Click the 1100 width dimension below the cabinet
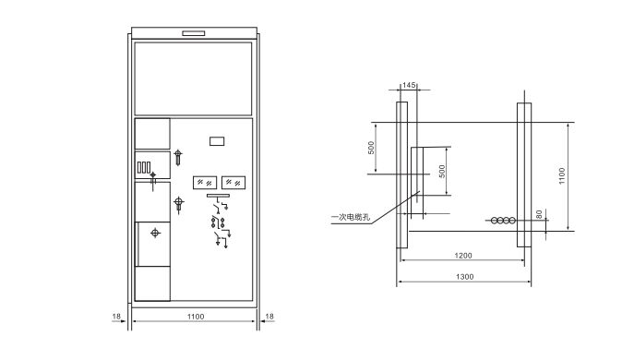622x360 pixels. (x=196, y=317)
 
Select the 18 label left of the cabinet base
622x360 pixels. (x=116, y=317)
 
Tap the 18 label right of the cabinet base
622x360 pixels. (x=269, y=317)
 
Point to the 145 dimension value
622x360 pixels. (x=409, y=85)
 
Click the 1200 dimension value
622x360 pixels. (x=463, y=255)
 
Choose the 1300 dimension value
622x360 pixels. (x=464, y=277)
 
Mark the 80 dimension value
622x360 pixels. (x=539, y=214)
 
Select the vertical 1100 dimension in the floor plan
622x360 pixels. (x=562, y=175)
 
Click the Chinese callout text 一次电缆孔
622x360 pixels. (x=351, y=217)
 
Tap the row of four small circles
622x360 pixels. (x=503, y=221)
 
